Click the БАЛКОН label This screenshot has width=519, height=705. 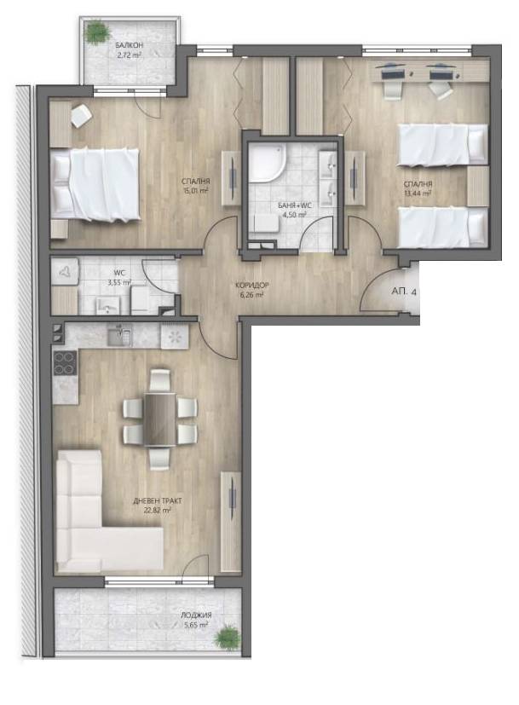coord(129,45)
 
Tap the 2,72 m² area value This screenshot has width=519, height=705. coord(130,55)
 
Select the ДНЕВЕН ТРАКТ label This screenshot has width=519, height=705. coord(158,500)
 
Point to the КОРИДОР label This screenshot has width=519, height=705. coord(252,285)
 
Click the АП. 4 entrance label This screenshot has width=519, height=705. coord(403,292)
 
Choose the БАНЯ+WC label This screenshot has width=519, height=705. coord(295,205)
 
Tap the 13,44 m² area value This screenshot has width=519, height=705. coord(418,194)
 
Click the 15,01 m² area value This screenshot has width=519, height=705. coord(196,191)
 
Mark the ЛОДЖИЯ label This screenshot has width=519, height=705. coord(196,615)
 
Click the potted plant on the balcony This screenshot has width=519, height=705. coord(97,32)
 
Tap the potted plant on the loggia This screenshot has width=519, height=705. coord(225,637)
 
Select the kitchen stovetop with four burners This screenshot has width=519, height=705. coord(65,363)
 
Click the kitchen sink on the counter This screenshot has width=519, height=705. coord(119,334)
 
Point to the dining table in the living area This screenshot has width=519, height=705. coord(160,419)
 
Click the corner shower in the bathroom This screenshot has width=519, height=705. coord(265,162)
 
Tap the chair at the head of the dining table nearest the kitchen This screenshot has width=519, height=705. coord(160,380)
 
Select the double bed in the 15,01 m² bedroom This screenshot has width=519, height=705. coord(95,185)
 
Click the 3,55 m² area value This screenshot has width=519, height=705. coord(118,282)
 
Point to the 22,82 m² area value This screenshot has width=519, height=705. coord(158,511)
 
